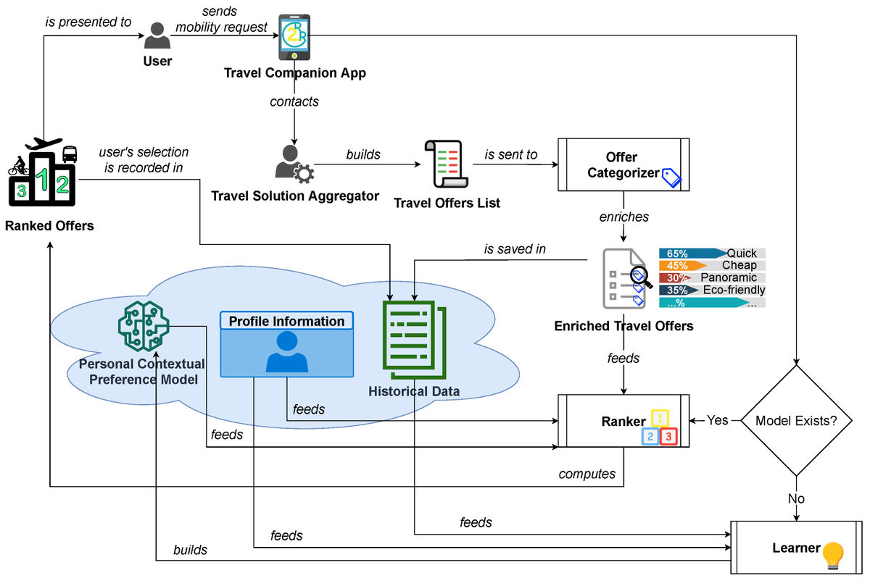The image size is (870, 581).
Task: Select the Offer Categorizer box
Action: [x=623, y=164]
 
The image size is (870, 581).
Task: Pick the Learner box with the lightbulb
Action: [x=796, y=548]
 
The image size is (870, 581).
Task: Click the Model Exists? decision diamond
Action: [x=796, y=420]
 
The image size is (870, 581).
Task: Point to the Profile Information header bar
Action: [x=287, y=321]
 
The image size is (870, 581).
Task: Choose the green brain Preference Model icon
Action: [x=143, y=325]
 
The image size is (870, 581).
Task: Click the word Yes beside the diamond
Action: [x=718, y=420]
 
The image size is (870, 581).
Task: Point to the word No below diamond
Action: [x=796, y=499]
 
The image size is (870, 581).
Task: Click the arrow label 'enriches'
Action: [x=623, y=217]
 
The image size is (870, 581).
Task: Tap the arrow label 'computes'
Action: [x=587, y=475]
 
